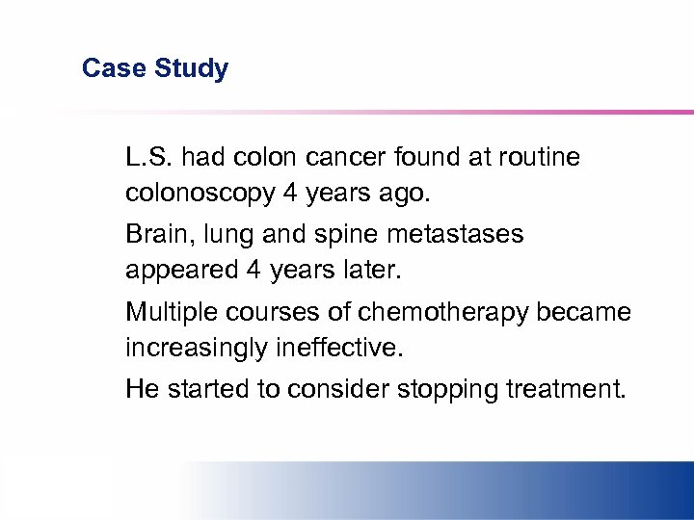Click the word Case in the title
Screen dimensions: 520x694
point(108,68)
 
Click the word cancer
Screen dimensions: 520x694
point(336,157)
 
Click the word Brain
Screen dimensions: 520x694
point(155,235)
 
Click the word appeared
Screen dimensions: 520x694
point(180,271)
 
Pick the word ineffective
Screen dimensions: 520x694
point(337,348)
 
